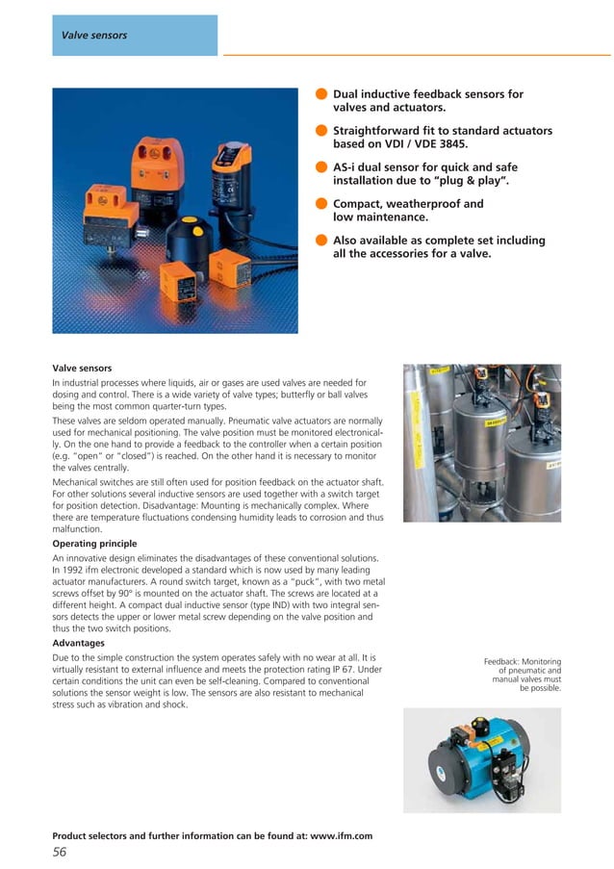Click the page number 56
coord(59,852)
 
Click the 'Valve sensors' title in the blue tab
coord(94,36)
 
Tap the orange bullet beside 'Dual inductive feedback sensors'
coord(320,94)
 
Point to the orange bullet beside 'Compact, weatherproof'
coord(320,204)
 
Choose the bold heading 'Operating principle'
coord(93,543)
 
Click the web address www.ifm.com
coord(338,835)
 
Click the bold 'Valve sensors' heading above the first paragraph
coord(82,368)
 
